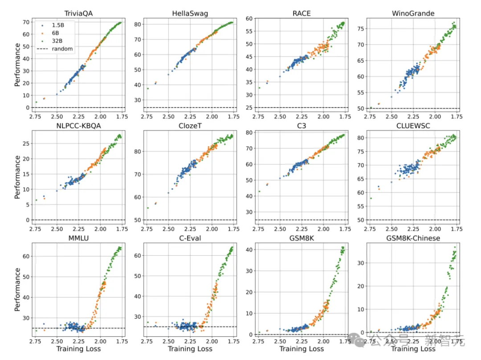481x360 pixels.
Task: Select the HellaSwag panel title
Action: (x=190, y=13)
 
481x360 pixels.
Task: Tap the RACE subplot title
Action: (x=302, y=13)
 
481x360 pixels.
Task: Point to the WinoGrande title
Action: (x=413, y=13)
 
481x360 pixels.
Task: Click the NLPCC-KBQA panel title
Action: (x=78, y=126)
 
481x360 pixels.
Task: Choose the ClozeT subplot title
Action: (x=190, y=126)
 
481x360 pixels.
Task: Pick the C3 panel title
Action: (x=302, y=126)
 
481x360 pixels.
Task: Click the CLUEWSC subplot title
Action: (x=413, y=126)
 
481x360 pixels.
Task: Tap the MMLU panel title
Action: (x=78, y=238)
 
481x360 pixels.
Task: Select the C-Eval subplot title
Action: (x=190, y=238)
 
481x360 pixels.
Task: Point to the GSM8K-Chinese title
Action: (x=413, y=238)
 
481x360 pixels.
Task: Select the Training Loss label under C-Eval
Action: (x=190, y=348)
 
